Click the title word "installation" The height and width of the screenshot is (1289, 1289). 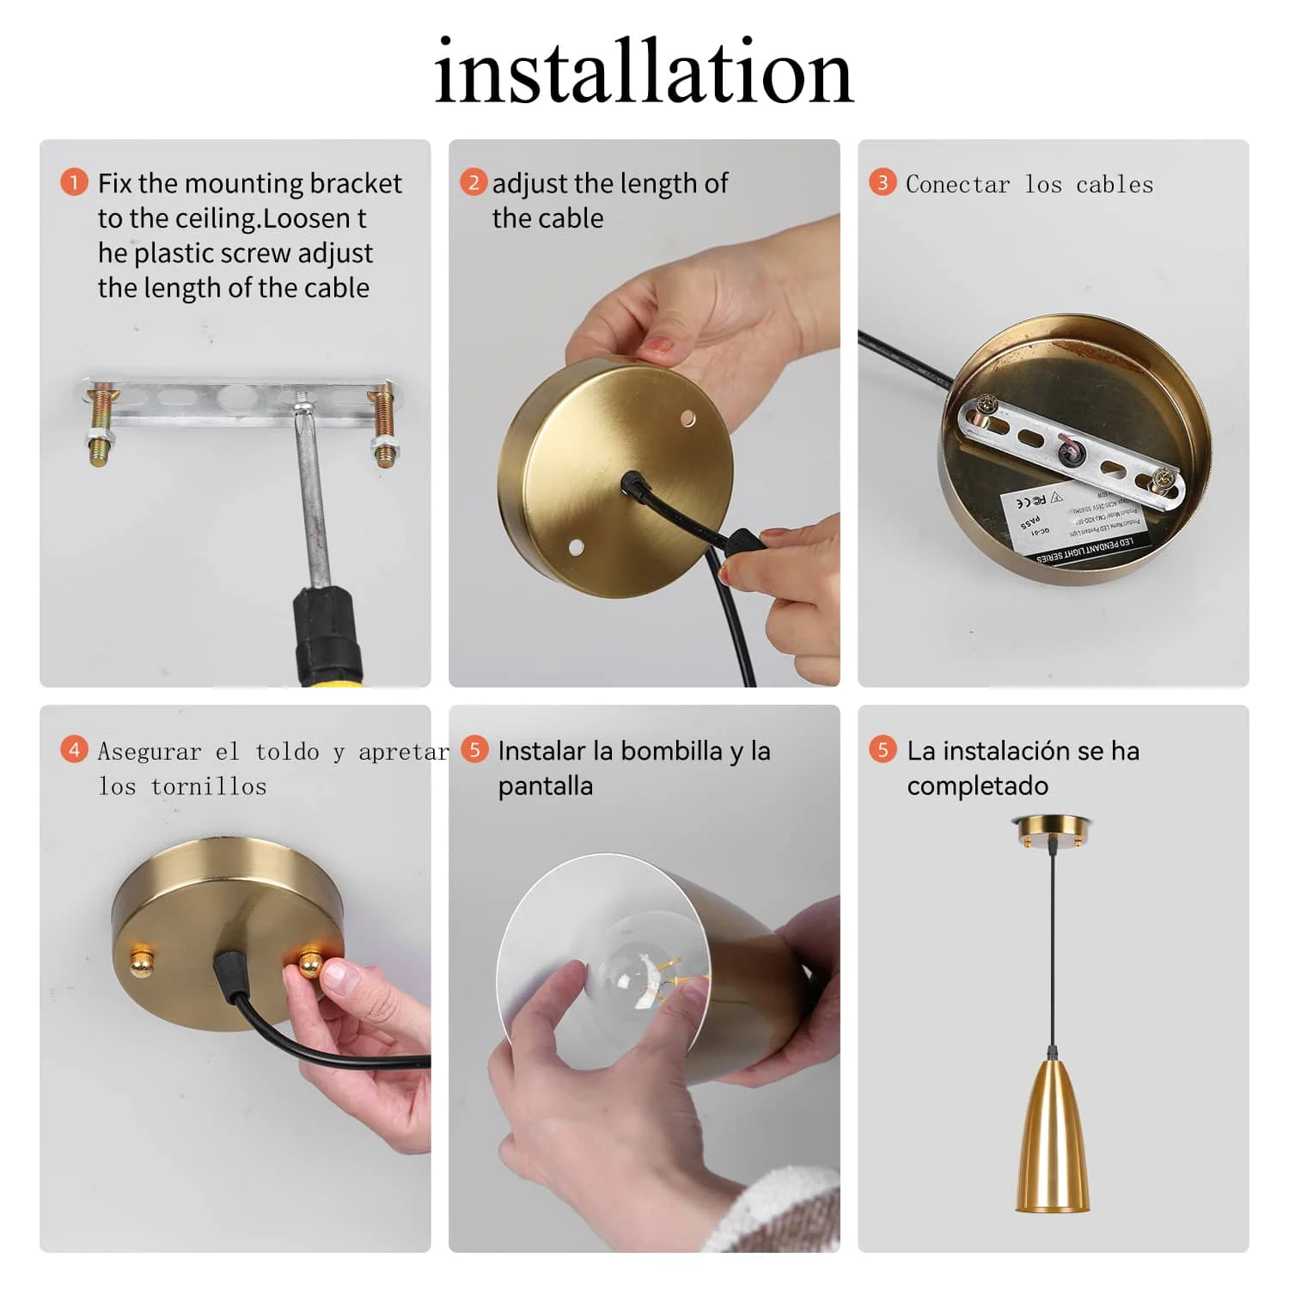pos(644,72)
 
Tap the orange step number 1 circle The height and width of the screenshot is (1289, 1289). pos(74,182)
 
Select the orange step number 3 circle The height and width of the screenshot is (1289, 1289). pos(882,182)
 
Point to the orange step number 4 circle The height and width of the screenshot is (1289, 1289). pos(74,749)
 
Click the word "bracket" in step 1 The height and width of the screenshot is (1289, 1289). pos(355,184)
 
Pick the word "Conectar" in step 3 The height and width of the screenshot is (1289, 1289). pos(957,185)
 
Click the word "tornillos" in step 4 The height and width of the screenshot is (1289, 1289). pos(208,786)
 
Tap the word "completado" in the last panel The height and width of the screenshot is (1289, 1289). pos(977,786)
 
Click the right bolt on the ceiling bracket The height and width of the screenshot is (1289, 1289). pos(382,425)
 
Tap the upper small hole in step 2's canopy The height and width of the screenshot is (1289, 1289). pos(687,418)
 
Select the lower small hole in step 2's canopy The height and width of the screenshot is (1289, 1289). pos(575,547)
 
